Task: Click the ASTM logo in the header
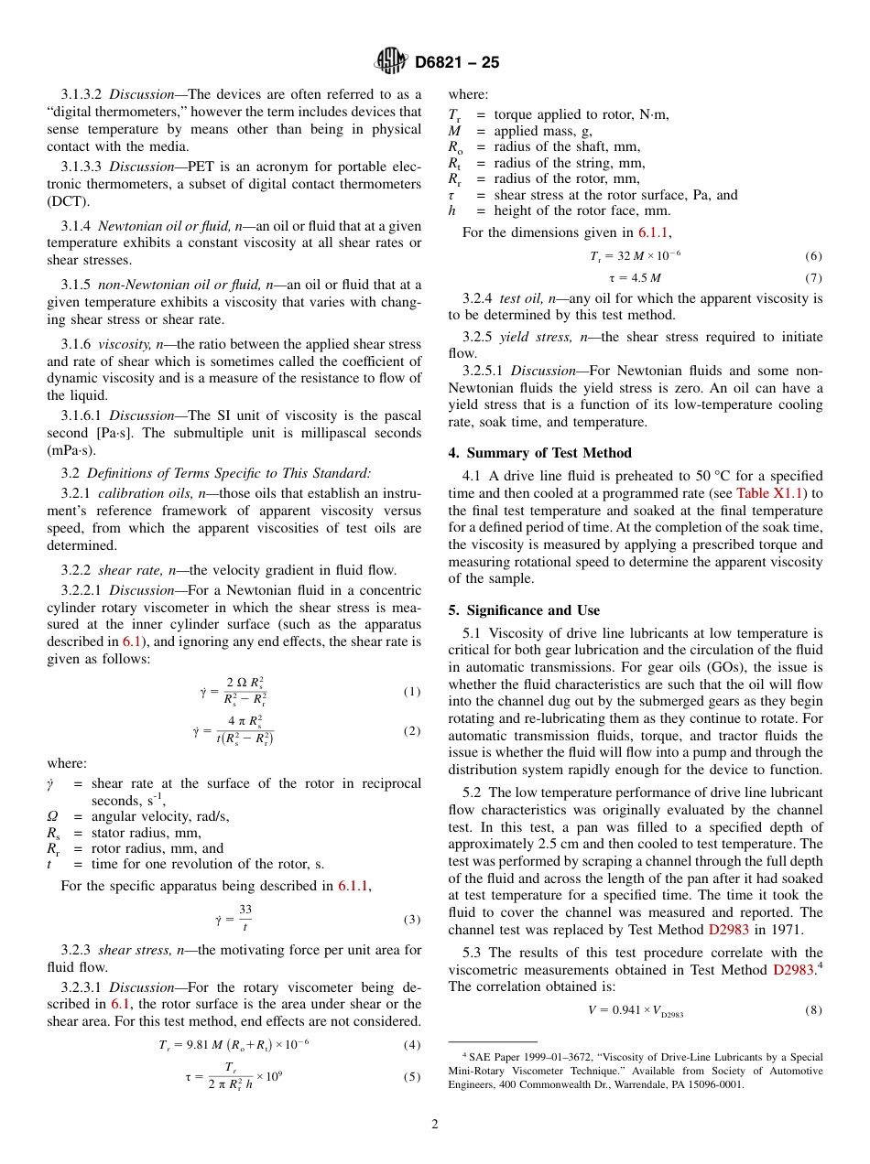(392, 62)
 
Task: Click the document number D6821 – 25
(457, 63)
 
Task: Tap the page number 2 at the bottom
(435, 1125)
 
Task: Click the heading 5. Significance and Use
(524, 610)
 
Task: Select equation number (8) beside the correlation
(812, 1010)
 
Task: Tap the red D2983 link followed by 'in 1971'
(728, 930)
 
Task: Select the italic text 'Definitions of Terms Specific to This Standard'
(229, 473)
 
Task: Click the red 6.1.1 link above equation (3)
(353, 886)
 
